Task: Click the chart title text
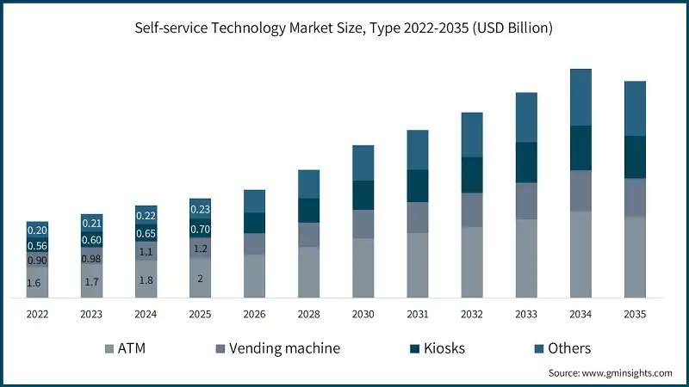pos(344,28)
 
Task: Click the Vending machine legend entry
pos(276,348)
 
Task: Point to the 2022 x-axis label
pos(37,314)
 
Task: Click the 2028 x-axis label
pos(308,314)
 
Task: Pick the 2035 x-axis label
pos(635,314)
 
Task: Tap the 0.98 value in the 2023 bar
pos(91,259)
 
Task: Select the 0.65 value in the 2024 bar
pos(146,233)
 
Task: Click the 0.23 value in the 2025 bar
pos(200,209)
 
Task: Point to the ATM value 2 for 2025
pos(200,278)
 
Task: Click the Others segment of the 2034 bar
pos(580,97)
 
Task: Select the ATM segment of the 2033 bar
pos(526,258)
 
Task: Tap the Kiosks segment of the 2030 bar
pos(363,195)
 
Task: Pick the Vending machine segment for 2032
pos(472,210)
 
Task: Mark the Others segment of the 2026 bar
pos(254,201)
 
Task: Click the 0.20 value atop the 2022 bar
pos(37,230)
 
